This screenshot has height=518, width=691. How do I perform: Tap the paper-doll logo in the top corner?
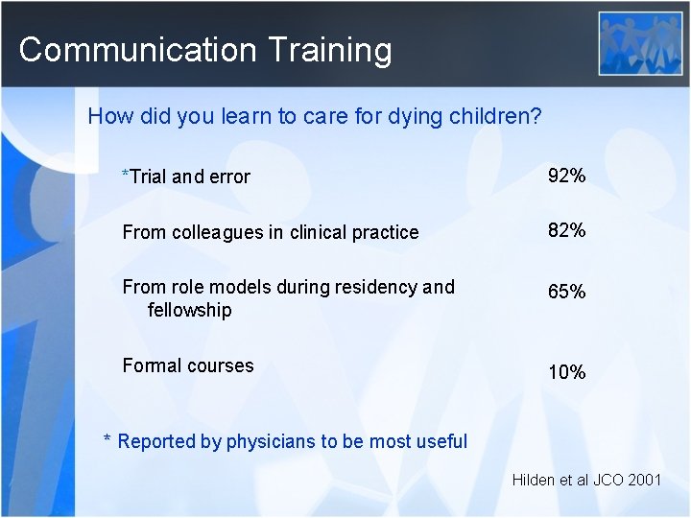[x=640, y=43]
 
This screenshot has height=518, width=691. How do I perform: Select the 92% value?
[x=566, y=176]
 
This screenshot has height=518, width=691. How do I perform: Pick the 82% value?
[x=566, y=230]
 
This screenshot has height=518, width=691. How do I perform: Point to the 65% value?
[x=566, y=292]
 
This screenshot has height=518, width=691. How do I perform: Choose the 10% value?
[x=566, y=371]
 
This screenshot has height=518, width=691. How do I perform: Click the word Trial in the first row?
[x=148, y=177]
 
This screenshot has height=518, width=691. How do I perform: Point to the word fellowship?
[x=190, y=310]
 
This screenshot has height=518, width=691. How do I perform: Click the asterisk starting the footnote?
[x=108, y=440]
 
